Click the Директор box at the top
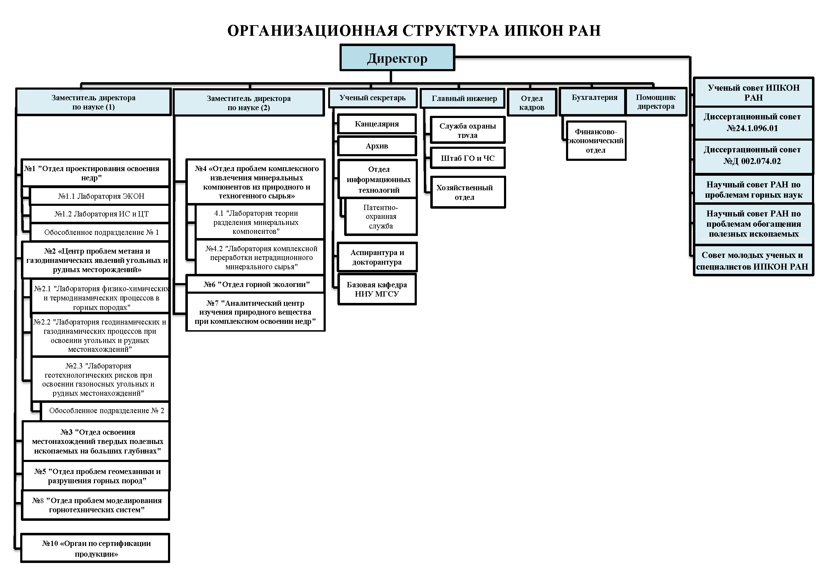[397, 58]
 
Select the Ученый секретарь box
[373, 98]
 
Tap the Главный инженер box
[464, 98]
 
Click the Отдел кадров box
[532, 102]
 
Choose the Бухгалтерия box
[593, 101]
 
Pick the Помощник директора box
[656, 102]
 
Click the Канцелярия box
[377, 124]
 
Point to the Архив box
[377, 146]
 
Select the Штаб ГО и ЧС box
[468, 158]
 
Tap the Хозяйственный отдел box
[468, 192]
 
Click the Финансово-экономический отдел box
[596, 141]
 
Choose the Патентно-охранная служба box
[381, 216]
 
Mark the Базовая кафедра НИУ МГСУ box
[377, 289]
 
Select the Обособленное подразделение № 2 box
[105, 411]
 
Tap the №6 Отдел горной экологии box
[256, 284]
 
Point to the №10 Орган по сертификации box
[95, 548]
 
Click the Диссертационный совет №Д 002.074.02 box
[753, 156]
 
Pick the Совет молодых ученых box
[753, 261]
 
